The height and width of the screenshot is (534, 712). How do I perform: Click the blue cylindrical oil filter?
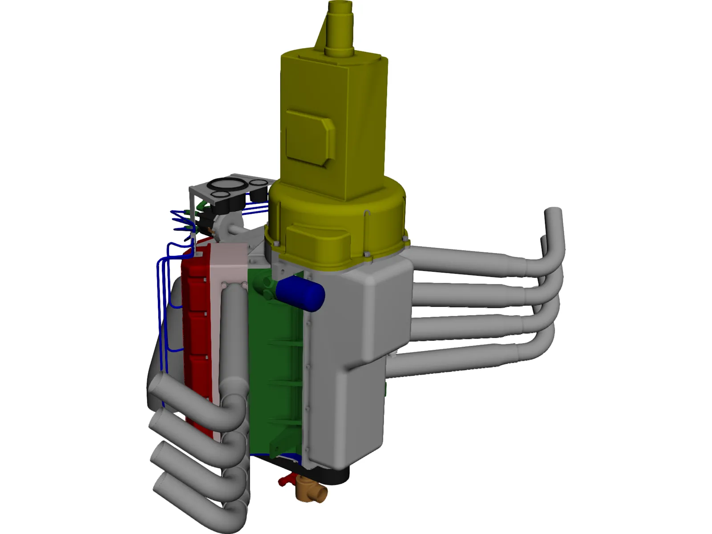(300, 292)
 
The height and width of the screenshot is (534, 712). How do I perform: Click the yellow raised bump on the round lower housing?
(316, 239)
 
